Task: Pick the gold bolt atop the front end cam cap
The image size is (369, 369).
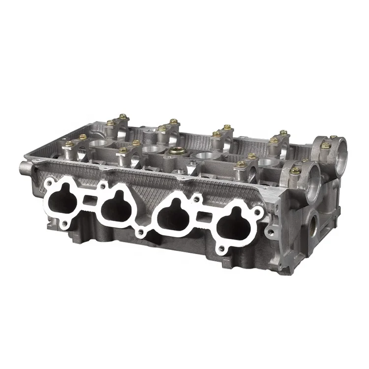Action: point(295,171)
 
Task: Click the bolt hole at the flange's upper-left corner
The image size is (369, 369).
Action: point(48,181)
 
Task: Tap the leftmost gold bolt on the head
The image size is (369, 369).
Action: point(68,144)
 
